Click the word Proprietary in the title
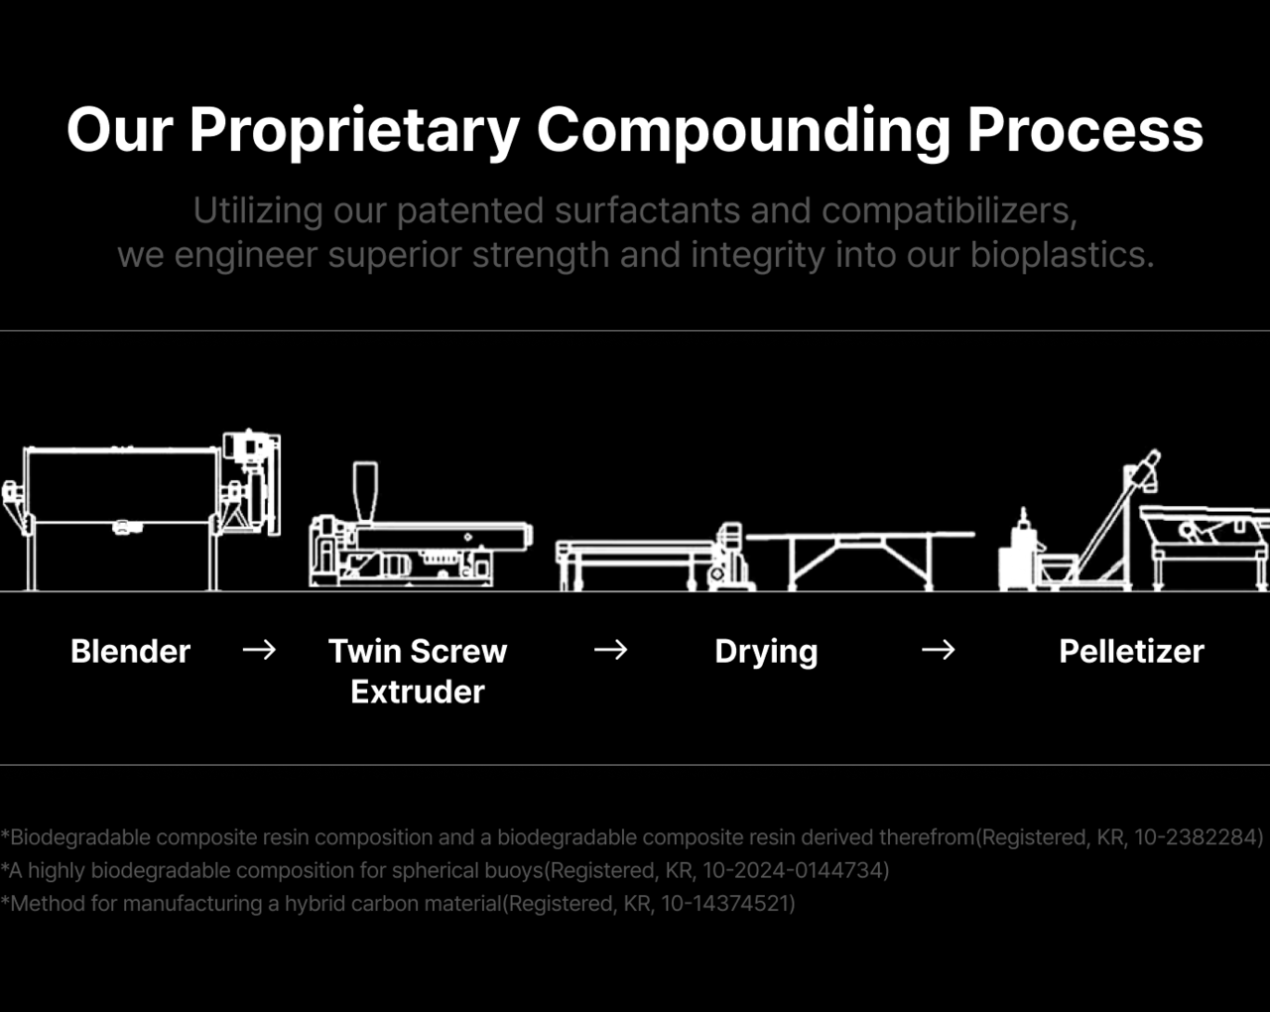(x=354, y=130)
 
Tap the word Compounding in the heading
(x=743, y=130)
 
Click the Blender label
(x=130, y=651)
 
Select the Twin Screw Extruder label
(x=418, y=671)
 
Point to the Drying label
(x=766, y=651)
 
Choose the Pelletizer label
(x=1131, y=651)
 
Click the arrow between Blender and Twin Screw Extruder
(x=260, y=650)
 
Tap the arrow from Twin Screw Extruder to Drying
(x=611, y=650)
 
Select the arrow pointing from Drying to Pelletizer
(x=939, y=650)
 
